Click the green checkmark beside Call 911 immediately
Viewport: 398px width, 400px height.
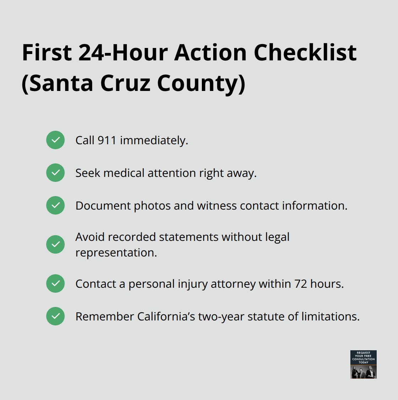point(55,140)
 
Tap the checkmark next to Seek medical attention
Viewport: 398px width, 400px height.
point(55,173)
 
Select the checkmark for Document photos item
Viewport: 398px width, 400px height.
point(55,205)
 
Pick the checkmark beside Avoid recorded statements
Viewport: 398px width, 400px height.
point(55,244)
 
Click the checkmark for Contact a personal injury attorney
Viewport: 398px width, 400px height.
point(55,283)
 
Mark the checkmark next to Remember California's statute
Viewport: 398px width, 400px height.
point(55,316)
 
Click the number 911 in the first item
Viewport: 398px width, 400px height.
point(107,140)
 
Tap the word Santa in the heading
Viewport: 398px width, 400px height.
point(61,83)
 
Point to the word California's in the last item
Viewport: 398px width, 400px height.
point(166,317)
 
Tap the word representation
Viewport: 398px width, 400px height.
point(116,253)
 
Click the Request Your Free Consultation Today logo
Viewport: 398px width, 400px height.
point(363,364)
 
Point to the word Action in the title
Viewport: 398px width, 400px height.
point(210,53)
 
